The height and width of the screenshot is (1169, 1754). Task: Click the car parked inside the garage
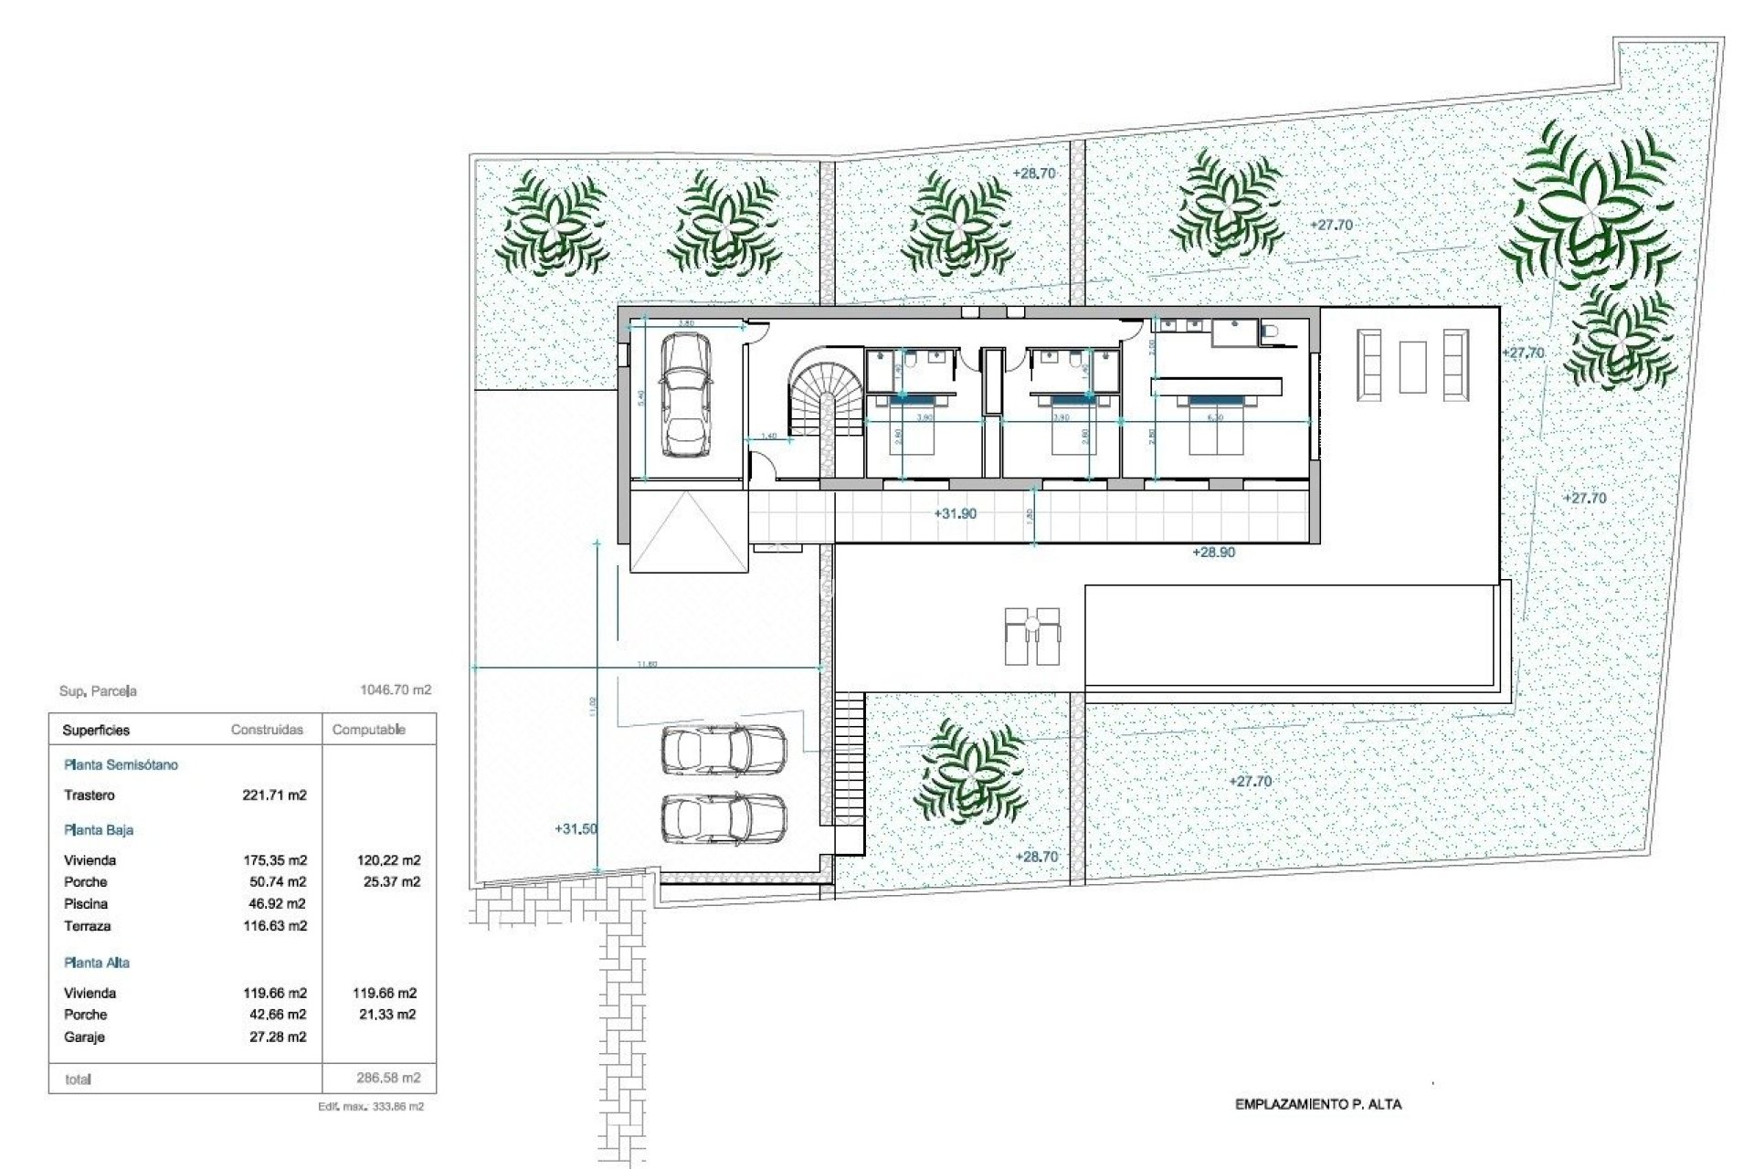click(x=685, y=394)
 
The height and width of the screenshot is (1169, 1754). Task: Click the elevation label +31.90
click(x=955, y=514)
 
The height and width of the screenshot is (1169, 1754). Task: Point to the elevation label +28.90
click(x=1213, y=553)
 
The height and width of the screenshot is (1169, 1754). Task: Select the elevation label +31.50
click(x=576, y=829)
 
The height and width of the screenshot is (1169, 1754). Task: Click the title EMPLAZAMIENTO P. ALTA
click(x=1317, y=1104)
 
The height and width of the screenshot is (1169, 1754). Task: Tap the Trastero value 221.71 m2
click(x=274, y=795)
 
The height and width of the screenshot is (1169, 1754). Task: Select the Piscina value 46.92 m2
click(x=274, y=904)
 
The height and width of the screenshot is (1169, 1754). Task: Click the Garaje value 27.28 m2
click(x=278, y=1037)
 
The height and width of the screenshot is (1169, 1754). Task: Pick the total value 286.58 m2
click(x=388, y=1078)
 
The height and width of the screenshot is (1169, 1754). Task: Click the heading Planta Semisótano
click(x=121, y=765)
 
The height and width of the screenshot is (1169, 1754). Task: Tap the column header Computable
click(x=369, y=730)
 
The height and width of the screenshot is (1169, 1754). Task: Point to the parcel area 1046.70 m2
click(x=396, y=690)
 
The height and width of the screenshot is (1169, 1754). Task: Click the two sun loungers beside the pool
click(x=1032, y=635)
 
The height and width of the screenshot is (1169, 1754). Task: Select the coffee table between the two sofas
click(x=1412, y=366)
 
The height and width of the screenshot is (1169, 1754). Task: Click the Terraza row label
click(x=88, y=926)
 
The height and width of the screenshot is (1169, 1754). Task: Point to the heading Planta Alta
click(x=97, y=963)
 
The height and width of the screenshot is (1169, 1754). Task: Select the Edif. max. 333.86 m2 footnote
click(x=371, y=1107)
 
